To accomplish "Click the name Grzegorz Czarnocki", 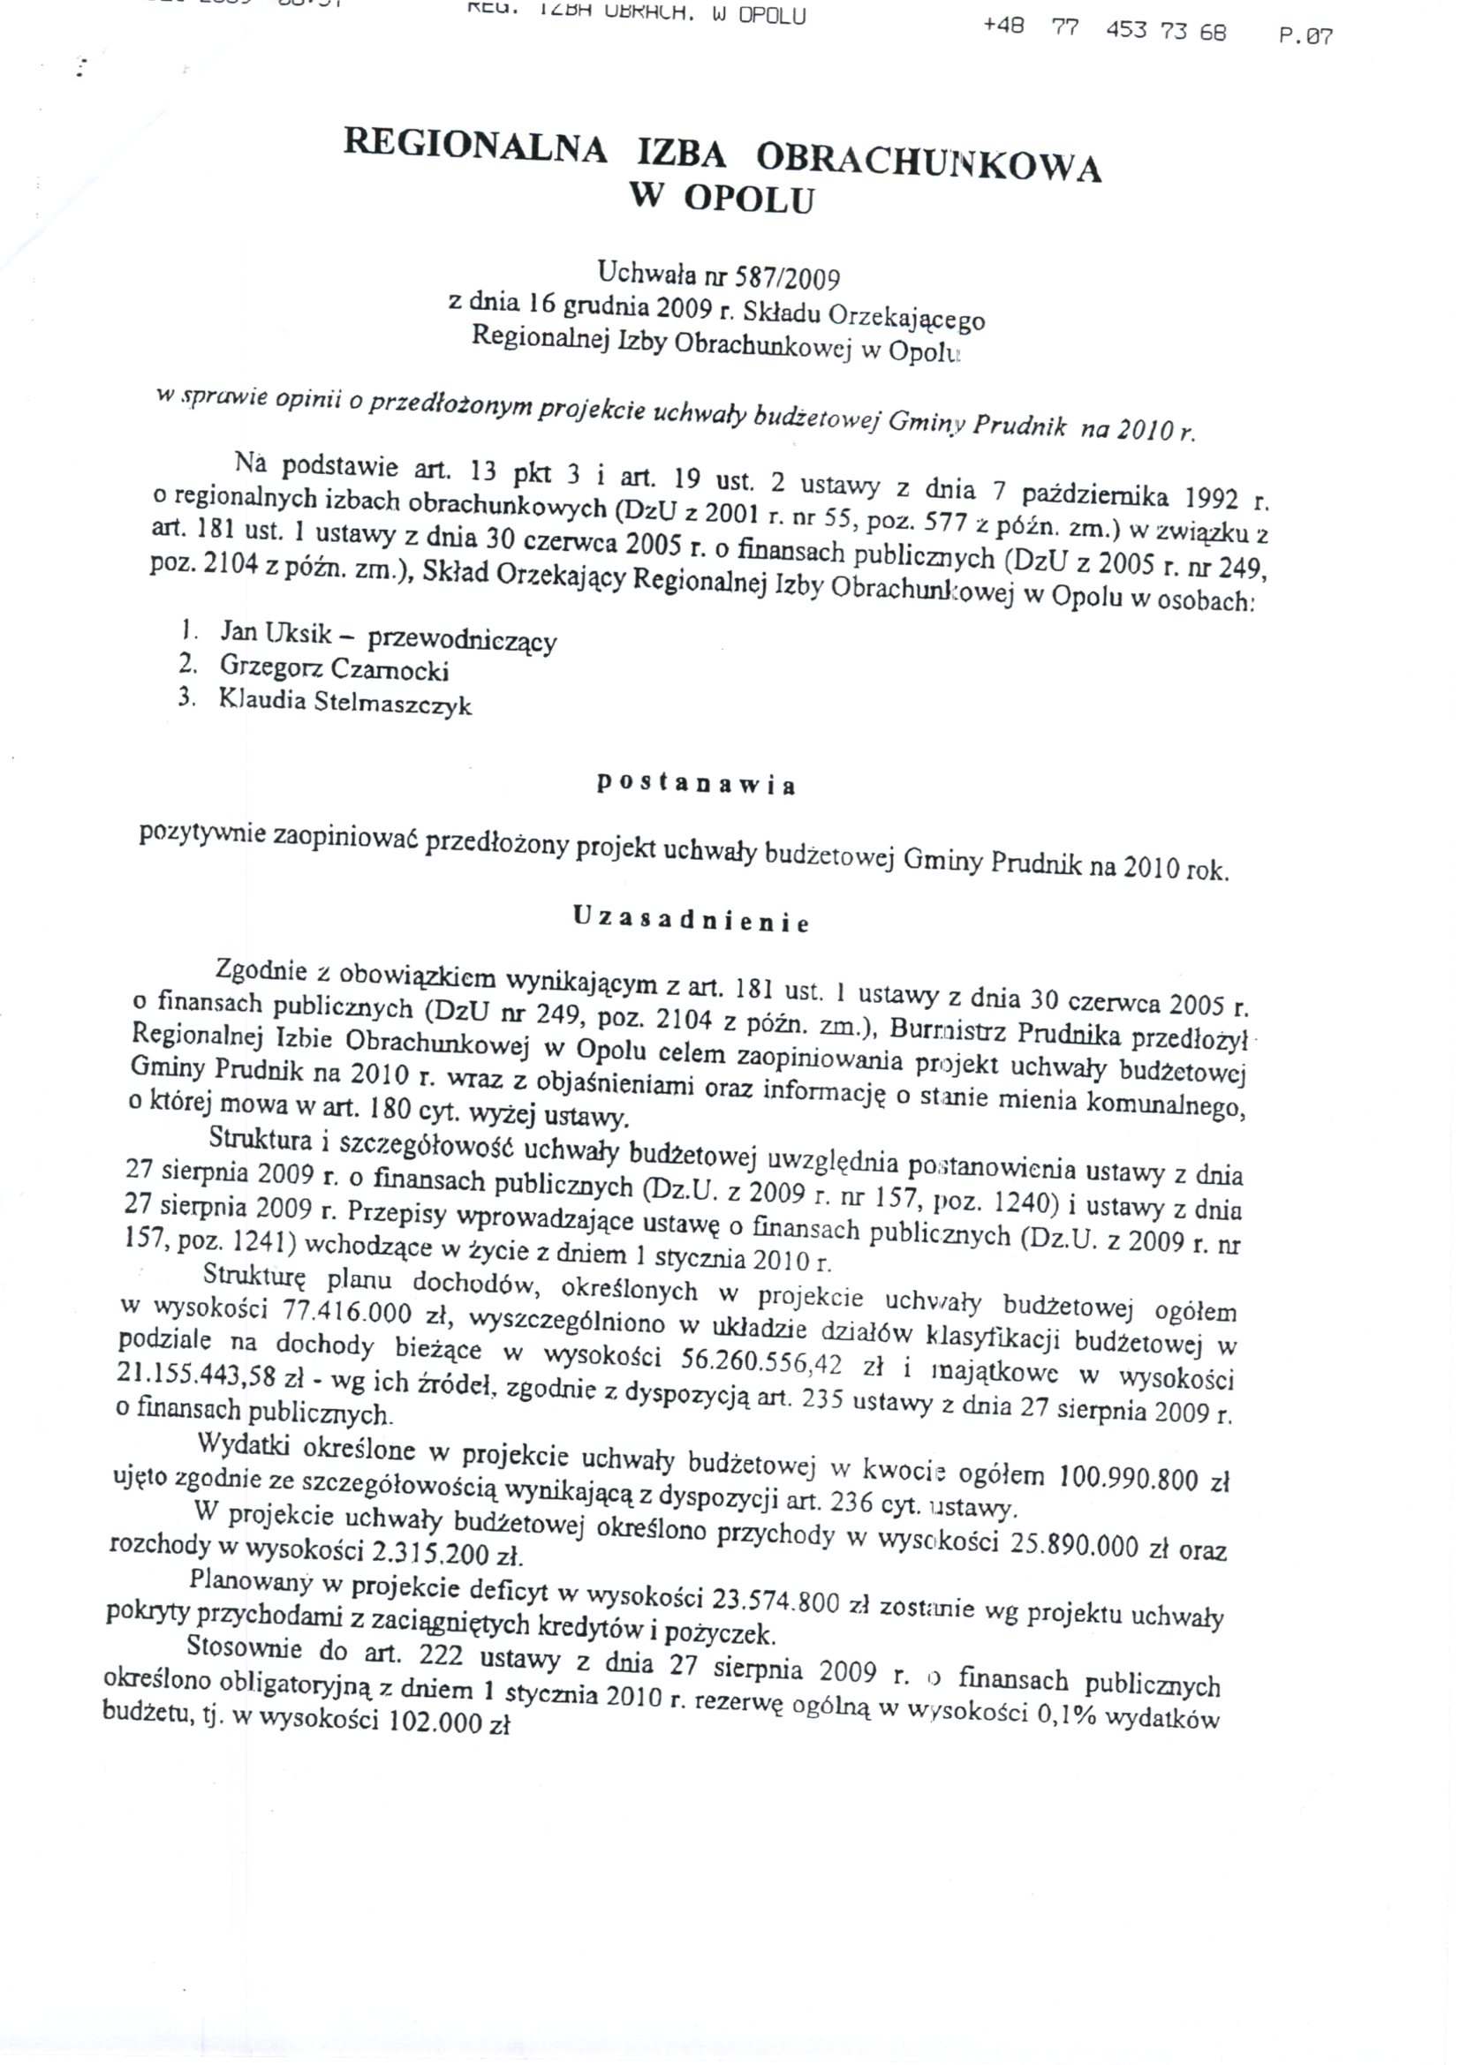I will tap(334, 668).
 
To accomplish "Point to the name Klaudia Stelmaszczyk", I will tap(344, 702).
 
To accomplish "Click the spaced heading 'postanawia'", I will tap(696, 784).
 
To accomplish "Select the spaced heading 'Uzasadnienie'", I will tap(692, 920).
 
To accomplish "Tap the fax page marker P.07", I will tap(1305, 37).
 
